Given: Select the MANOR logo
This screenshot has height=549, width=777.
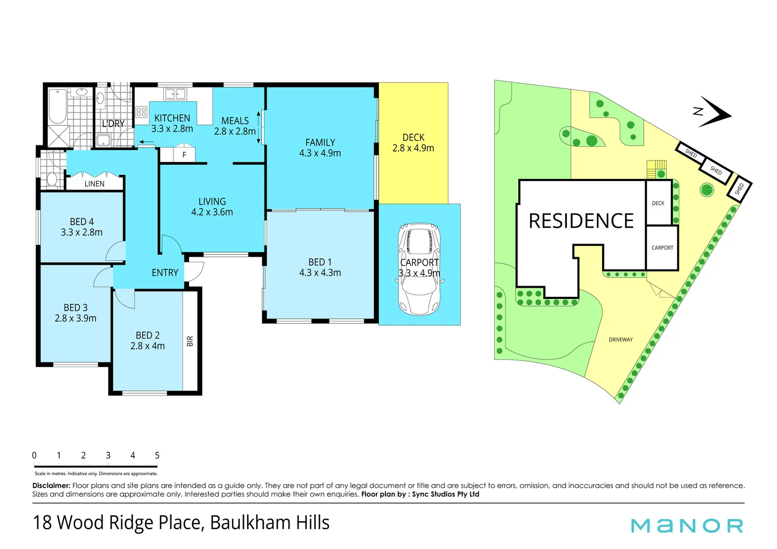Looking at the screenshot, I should point(686,526).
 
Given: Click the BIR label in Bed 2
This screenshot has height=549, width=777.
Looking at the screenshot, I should point(190,341).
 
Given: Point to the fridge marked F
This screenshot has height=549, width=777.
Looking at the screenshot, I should point(184,155).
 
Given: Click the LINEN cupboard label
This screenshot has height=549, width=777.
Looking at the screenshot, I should point(95,184).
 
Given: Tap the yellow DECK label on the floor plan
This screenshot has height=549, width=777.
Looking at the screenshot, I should point(413,138).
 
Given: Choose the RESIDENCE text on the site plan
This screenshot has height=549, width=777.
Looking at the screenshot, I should point(581,221).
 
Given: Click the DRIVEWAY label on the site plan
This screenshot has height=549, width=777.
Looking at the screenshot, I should point(620,340).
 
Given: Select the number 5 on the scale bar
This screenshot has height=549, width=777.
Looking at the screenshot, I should point(157,455).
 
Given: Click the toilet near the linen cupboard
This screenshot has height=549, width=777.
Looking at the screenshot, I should point(51,179).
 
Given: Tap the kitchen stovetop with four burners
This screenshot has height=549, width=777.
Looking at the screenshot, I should point(141,112).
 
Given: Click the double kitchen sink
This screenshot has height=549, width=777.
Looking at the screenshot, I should point(175,94).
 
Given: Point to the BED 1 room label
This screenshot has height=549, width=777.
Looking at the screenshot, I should point(320,262).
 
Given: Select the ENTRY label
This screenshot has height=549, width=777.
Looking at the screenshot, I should point(165,273).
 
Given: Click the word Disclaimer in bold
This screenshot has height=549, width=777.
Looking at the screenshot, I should point(51,485).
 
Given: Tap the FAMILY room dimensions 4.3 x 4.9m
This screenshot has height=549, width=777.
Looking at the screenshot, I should point(320,154).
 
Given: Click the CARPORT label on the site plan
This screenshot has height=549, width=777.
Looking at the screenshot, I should point(662,248).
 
